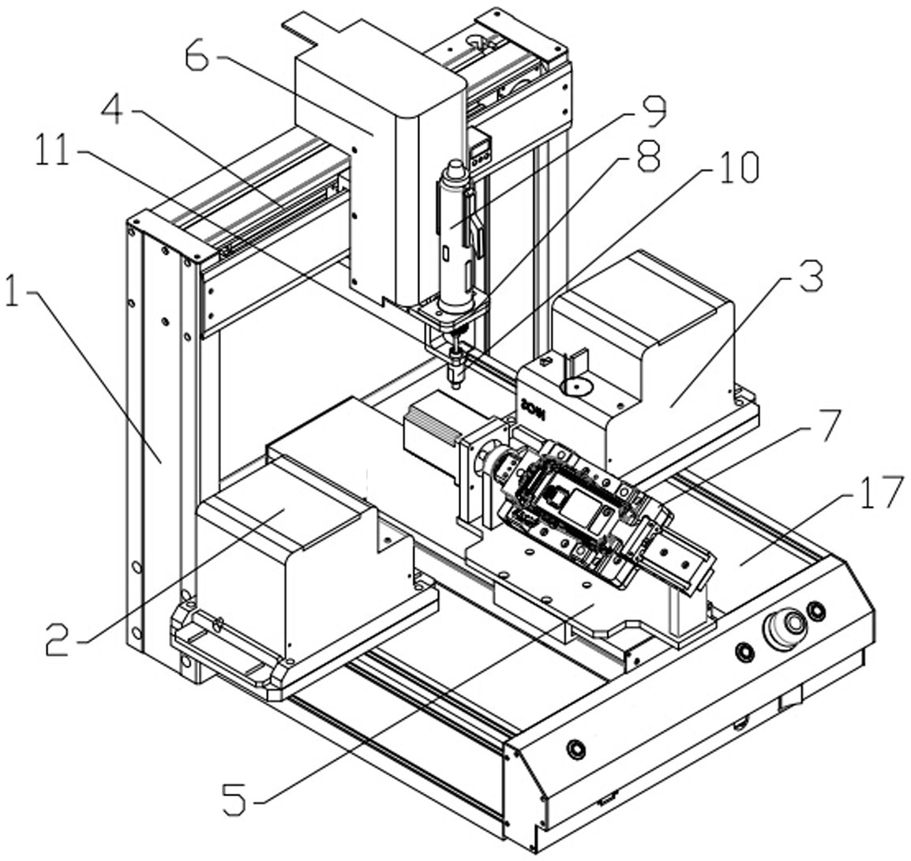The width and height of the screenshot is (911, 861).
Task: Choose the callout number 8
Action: pos(648,155)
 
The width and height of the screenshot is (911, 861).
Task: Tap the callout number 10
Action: pos(736,167)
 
